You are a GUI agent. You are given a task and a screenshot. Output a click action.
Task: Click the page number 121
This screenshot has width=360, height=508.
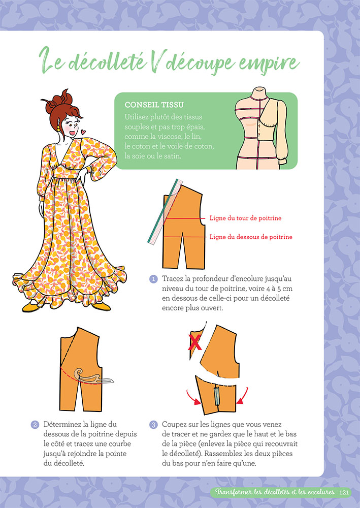(344, 492)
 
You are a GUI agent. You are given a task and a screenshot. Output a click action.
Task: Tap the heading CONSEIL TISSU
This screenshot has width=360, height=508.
(154, 105)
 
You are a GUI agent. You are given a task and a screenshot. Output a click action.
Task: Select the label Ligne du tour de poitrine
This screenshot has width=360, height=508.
(245, 218)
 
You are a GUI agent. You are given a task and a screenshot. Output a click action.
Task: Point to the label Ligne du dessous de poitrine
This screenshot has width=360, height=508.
(251, 237)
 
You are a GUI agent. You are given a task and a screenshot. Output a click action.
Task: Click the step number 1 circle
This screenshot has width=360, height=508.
(153, 279)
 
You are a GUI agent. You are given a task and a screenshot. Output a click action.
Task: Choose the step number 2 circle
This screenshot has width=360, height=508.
(35, 424)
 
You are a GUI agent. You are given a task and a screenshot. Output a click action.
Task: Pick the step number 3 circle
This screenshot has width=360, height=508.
(153, 424)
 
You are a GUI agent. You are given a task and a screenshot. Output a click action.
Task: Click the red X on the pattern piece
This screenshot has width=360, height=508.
(194, 343)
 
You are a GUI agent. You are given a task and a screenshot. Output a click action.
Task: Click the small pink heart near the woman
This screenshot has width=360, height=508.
(83, 132)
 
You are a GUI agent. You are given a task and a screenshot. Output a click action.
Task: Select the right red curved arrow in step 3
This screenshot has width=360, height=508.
(243, 396)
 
